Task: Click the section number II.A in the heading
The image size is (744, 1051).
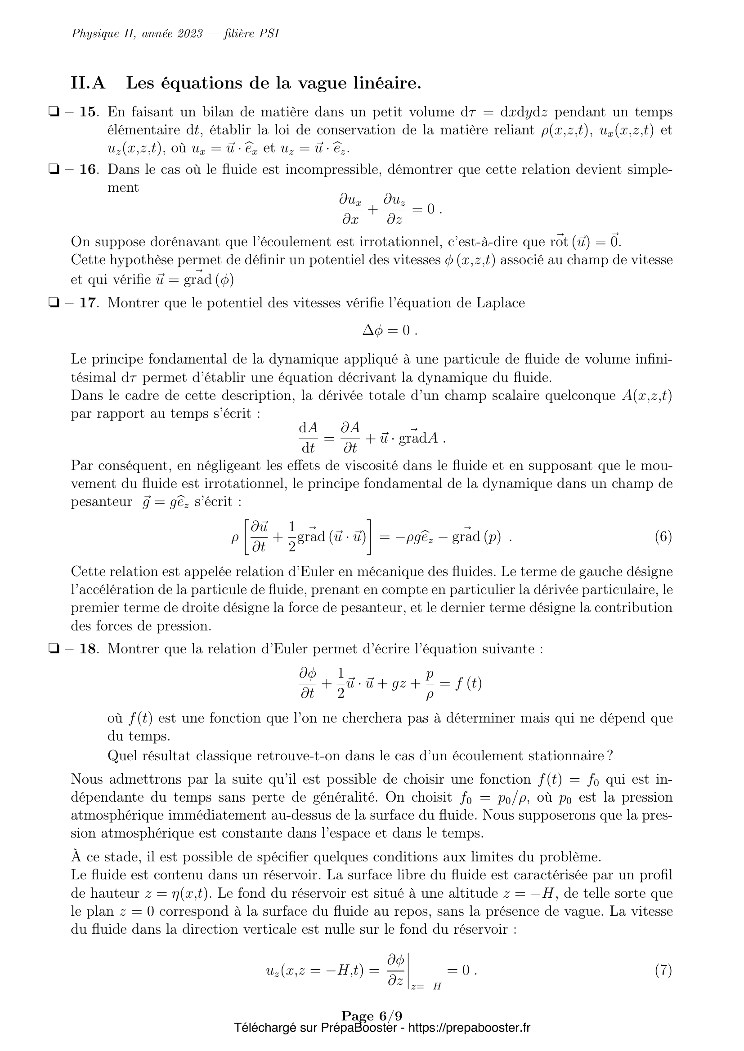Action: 88,83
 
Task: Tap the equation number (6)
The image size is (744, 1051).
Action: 663,537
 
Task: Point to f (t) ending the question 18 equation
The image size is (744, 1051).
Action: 468,684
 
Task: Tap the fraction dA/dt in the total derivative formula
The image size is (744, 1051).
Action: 308,437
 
